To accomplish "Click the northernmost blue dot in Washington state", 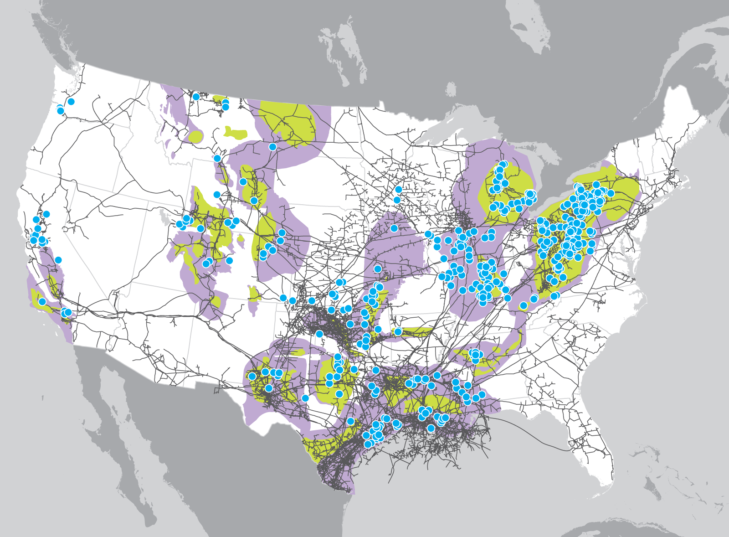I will pos(71,101).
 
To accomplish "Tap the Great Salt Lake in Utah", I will pos(164,216).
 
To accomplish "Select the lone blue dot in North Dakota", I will pos(272,147).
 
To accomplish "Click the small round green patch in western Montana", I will pos(196,136).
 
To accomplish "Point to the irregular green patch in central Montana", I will pos(235,133).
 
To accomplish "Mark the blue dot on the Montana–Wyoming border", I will pos(217,158).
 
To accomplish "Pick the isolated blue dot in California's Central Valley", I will pos(58,260).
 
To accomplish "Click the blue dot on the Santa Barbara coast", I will pos(42,302).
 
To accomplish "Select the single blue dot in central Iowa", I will pos(394,228).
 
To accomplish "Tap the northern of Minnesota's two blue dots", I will pos(399,189).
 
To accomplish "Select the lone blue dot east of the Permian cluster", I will pos(305,398).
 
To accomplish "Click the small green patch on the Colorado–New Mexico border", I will pos(254,294).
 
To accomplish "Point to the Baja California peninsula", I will pos(118,410).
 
